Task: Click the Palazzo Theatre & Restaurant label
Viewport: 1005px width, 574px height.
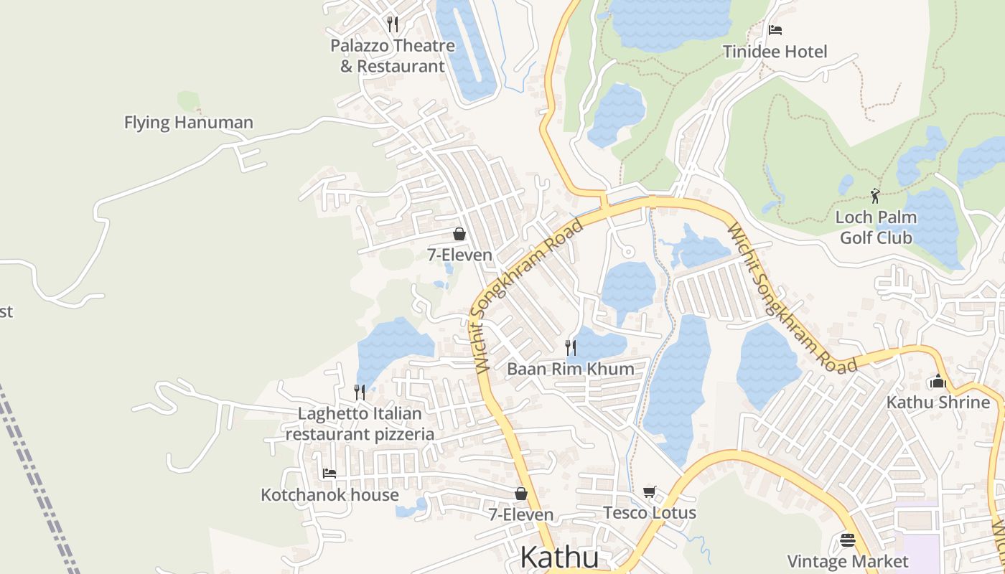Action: (x=392, y=56)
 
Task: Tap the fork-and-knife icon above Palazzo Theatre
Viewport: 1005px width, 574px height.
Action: (x=392, y=24)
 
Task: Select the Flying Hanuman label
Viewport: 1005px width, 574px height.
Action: (x=188, y=123)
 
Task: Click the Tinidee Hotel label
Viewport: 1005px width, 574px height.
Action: (x=775, y=52)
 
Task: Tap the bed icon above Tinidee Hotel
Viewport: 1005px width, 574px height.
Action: (x=775, y=30)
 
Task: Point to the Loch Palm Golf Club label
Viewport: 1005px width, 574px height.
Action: (x=876, y=227)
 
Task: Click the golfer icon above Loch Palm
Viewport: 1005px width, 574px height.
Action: (x=875, y=196)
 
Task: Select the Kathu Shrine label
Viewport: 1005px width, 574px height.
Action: (x=938, y=402)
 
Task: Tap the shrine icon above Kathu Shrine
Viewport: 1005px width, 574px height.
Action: (x=938, y=382)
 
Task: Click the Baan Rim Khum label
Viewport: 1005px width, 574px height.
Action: (x=571, y=369)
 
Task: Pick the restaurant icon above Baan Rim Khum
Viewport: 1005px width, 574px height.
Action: (x=571, y=348)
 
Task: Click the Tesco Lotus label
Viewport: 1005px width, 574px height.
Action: (x=650, y=512)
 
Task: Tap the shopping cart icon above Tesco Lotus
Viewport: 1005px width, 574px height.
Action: (x=650, y=491)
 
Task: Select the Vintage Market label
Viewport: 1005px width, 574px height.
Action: (x=848, y=561)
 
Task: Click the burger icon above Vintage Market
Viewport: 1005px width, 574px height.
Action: (x=848, y=540)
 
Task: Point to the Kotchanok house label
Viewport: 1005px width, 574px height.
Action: (x=329, y=494)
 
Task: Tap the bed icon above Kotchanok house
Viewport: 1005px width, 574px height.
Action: (x=329, y=474)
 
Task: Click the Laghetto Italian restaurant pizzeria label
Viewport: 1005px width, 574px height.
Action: (x=360, y=423)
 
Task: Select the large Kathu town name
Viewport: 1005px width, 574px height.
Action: (x=558, y=557)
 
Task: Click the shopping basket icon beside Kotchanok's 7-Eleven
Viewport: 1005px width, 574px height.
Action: (x=521, y=494)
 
